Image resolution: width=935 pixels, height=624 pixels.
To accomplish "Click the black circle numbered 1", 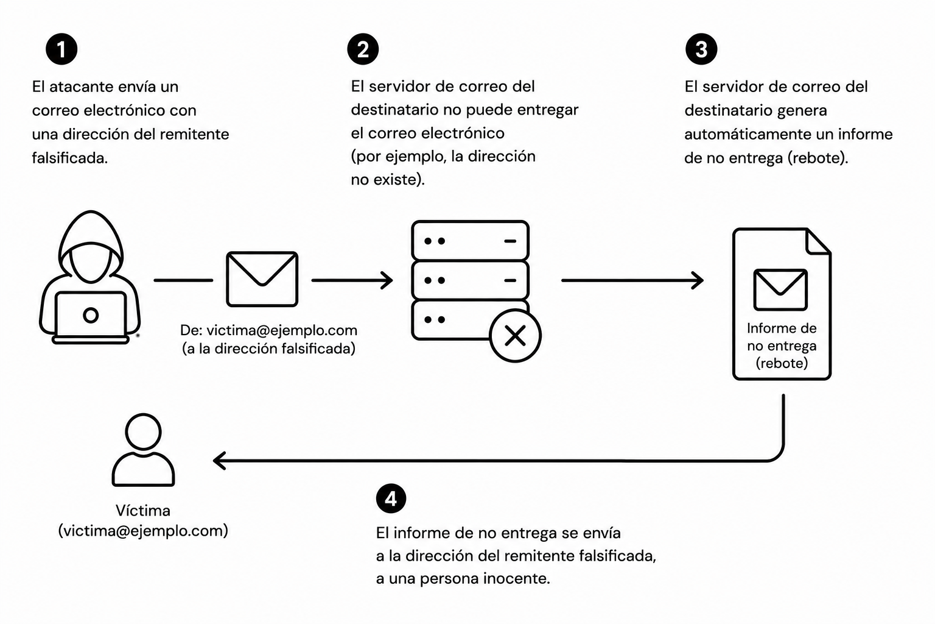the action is (61, 49).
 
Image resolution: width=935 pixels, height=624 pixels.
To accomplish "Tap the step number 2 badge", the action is (363, 49).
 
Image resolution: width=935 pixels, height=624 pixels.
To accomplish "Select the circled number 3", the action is (701, 49).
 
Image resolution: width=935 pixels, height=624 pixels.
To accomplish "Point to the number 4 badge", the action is (391, 498).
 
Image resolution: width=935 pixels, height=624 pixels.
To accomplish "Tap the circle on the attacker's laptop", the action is (91, 315).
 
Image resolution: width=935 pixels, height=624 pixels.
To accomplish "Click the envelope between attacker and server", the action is (262, 279).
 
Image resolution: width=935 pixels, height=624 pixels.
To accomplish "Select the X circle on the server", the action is (515, 336).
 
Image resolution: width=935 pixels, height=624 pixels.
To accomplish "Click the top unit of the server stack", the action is (470, 241).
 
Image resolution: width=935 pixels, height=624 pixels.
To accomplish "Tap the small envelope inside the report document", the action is (780, 289).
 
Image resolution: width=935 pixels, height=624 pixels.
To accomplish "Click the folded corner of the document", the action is (819, 241).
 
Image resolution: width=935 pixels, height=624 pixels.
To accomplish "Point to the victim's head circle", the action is (143, 432).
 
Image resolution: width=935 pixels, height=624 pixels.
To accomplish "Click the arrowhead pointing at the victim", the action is (220, 461).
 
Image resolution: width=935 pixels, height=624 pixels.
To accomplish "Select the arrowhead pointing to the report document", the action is (698, 280).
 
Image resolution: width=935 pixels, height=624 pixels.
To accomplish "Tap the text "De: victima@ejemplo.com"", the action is (269, 330).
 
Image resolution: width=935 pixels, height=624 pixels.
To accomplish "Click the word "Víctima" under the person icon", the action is (143, 510).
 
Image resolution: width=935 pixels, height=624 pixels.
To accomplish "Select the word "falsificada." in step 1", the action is (70, 158).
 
